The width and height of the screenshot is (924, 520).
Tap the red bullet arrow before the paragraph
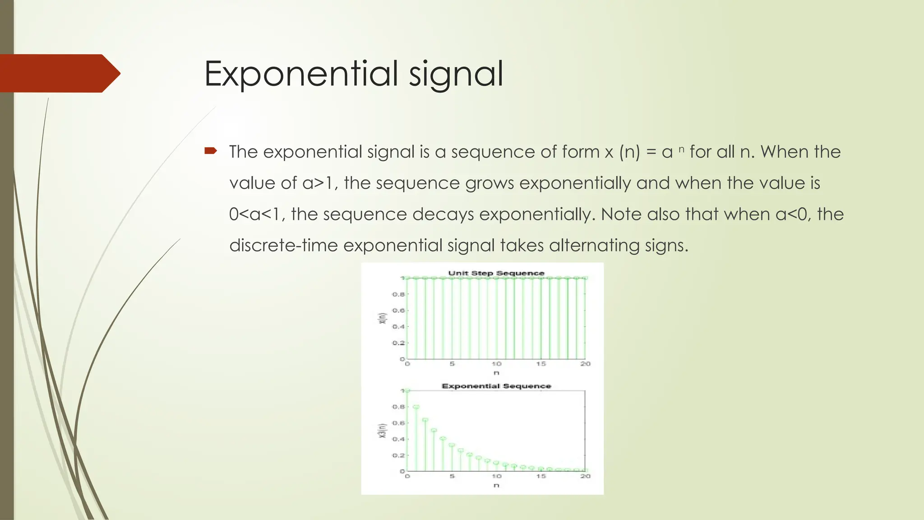click(211, 151)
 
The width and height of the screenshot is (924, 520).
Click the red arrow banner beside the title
click(59, 73)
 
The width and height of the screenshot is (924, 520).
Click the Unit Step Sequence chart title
click(496, 273)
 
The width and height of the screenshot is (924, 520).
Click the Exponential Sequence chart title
click(496, 386)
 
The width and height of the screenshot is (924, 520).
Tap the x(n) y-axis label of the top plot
click(382, 318)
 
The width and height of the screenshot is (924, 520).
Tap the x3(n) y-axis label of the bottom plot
click(382, 431)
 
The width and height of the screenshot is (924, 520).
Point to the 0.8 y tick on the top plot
click(398, 294)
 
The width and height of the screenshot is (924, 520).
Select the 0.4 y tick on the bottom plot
click(398, 439)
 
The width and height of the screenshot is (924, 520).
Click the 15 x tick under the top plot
click(541, 364)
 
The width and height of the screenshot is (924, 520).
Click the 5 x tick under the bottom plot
click(452, 476)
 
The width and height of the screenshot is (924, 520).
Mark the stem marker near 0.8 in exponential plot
click(416, 407)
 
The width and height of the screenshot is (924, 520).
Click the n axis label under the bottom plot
click(496, 485)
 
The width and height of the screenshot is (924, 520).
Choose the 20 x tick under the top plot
click(585, 364)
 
